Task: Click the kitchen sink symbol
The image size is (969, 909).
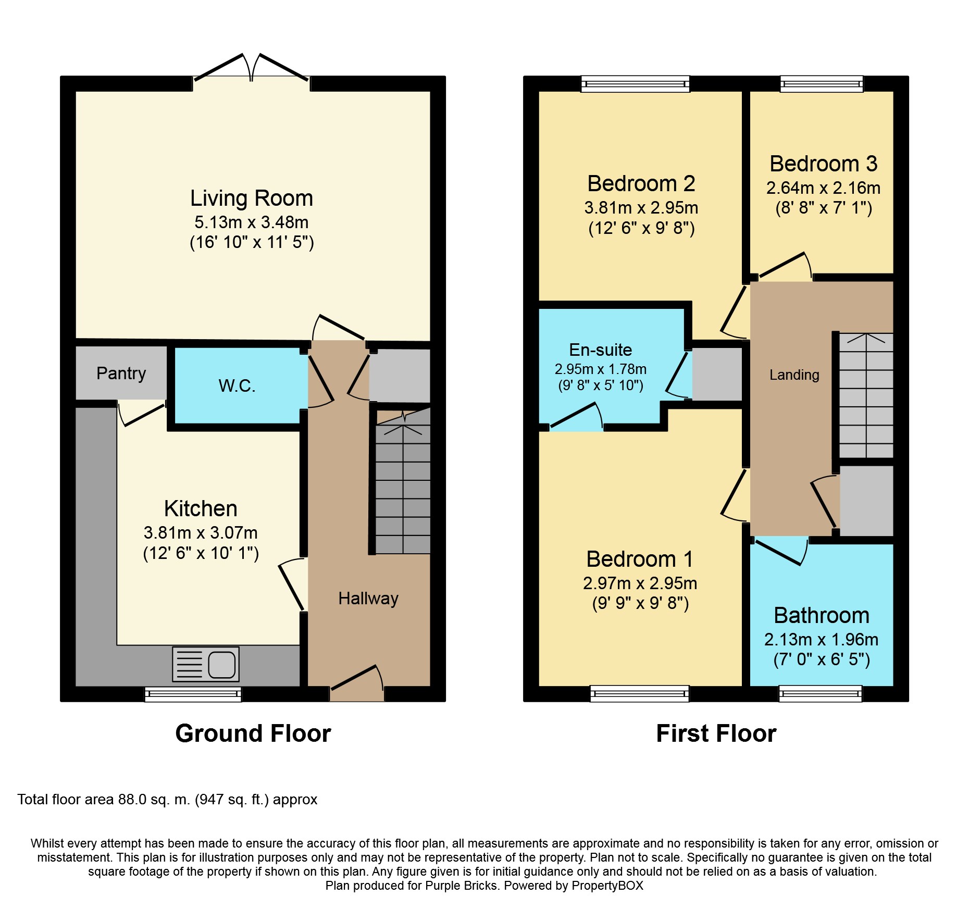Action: [x=206, y=664]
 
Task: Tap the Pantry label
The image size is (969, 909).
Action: [x=121, y=373]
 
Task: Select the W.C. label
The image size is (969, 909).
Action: [x=237, y=386]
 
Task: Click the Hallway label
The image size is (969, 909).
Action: [x=368, y=599]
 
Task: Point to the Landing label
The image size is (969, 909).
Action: [x=794, y=375]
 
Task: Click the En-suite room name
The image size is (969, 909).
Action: [x=601, y=350]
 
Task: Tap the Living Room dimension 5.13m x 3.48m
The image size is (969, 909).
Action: [x=252, y=222]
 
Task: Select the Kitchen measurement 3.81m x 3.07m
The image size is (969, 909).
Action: [x=201, y=533]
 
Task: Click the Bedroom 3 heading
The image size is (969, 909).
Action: [x=824, y=164]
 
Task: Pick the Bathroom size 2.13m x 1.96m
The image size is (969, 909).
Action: [x=822, y=640]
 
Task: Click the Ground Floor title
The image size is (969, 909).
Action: [x=253, y=733]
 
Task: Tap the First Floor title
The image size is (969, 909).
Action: [x=716, y=733]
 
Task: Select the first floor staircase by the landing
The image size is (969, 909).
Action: [x=866, y=395]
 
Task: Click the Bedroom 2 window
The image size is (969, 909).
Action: [x=636, y=84]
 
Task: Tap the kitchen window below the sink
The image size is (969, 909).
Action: [x=193, y=694]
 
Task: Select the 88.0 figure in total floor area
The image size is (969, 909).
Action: [x=132, y=800]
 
